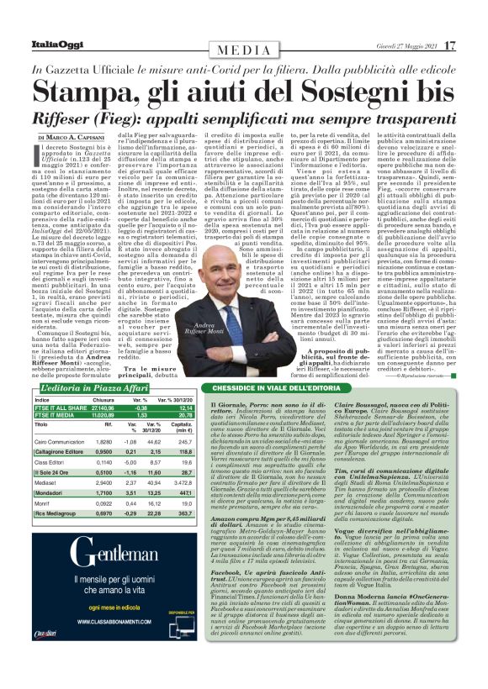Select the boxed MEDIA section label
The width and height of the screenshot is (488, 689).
[x=244, y=47]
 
